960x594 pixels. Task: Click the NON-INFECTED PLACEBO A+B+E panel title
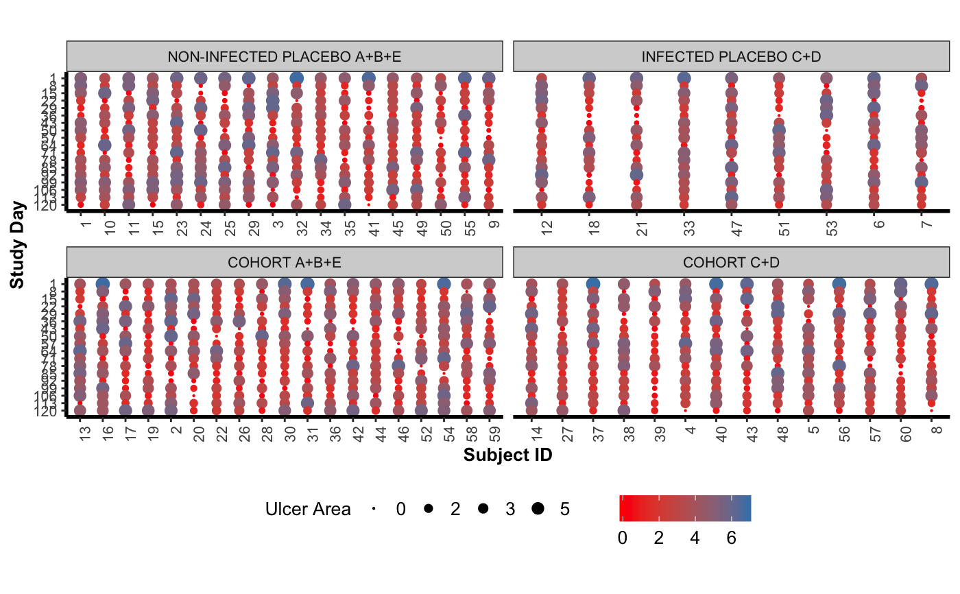coord(285,56)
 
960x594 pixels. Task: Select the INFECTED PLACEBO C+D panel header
coord(730,56)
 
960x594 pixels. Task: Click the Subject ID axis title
coord(507,455)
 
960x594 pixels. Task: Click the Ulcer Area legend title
coord(308,509)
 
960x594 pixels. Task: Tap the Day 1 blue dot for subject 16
coord(103,284)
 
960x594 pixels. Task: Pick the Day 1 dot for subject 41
coord(369,78)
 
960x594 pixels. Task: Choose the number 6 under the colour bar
coord(731,538)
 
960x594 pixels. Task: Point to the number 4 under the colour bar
coord(695,538)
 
